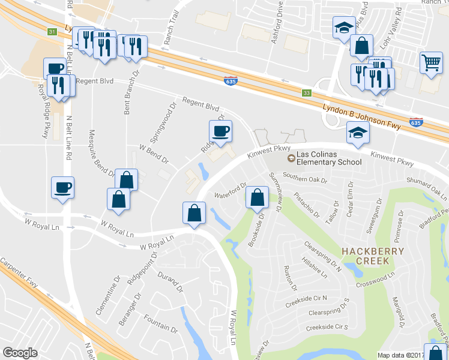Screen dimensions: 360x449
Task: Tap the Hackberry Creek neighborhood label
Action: click(365, 255)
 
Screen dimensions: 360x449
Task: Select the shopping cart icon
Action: click(431, 62)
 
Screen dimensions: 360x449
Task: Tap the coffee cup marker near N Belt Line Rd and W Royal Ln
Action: click(62, 188)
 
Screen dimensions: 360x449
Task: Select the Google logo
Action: click(20, 353)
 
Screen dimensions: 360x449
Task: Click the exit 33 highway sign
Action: click(307, 93)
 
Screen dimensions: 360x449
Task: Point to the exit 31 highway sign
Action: click(53, 32)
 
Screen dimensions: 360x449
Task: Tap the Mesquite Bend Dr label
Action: click(101, 153)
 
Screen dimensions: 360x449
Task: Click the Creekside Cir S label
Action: click(327, 327)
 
